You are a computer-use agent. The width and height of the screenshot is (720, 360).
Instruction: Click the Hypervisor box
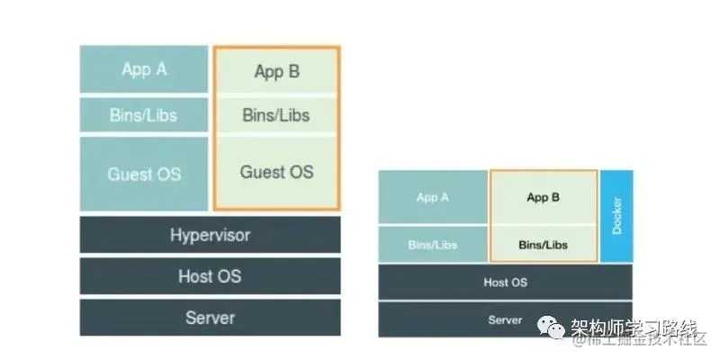point(210,235)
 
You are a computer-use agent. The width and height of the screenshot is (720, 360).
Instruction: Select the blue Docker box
point(616,216)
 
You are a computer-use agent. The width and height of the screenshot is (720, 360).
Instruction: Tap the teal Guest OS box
point(143,174)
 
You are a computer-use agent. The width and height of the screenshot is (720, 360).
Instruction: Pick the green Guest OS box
point(276,172)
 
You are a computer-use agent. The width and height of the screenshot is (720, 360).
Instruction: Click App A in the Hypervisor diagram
point(143,69)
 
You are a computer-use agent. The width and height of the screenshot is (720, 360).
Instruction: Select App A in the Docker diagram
point(433,197)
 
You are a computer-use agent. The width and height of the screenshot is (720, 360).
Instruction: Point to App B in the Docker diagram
point(543,197)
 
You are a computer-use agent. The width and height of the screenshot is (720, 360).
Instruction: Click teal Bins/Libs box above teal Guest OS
point(143,115)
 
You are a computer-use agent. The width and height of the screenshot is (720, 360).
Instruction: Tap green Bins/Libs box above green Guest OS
point(276,115)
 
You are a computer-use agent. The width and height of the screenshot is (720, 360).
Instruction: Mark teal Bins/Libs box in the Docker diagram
point(433,244)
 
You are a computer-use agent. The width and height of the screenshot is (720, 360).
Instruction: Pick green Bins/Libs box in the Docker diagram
point(543,244)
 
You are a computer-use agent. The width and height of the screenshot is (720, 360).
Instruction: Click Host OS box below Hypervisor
point(210,276)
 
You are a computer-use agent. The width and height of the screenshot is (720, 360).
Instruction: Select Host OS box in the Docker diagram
point(505,283)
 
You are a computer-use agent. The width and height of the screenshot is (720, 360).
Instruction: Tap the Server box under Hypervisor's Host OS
point(210,318)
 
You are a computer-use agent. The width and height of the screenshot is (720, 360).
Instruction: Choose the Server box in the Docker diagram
point(505,320)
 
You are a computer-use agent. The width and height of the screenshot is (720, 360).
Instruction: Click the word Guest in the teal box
point(127,174)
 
